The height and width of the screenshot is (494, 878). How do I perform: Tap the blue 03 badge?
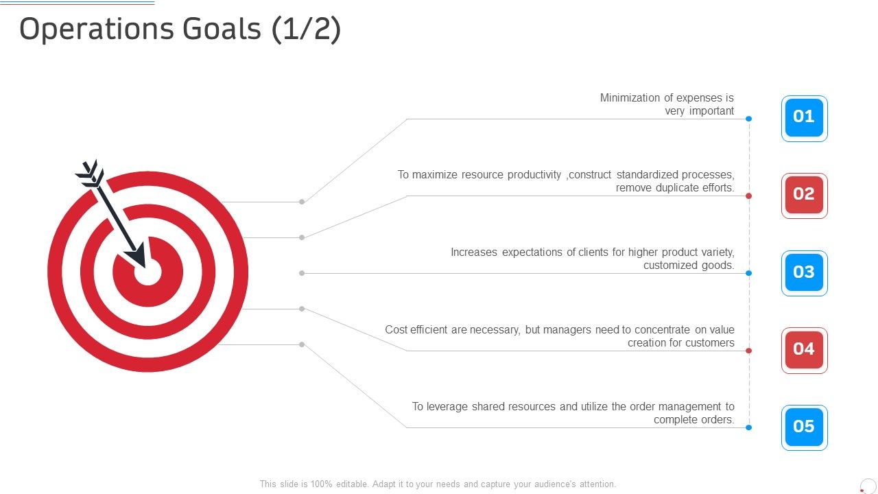pyautogui.click(x=804, y=273)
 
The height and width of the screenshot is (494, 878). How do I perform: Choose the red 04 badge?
pyautogui.click(x=804, y=350)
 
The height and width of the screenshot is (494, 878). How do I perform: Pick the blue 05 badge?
pyautogui.click(x=804, y=427)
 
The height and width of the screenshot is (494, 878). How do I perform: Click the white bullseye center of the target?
pyautogui.click(x=147, y=272)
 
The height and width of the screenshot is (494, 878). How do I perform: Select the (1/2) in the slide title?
pyautogui.click(x=306, y=30)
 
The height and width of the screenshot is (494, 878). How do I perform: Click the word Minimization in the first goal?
pyautogui.click(x=631, y=98)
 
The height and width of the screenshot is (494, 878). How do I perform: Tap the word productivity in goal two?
pyautogui.click(x=534, y=175)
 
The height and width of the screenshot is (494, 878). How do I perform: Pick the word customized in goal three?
pyautogui.click(x=669, y=266)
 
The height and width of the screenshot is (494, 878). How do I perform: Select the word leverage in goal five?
pyautogui.click(x=448, y=407)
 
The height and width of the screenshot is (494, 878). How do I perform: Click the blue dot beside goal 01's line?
pyautogui.click(x=748, y=119)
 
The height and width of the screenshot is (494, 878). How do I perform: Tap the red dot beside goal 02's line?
pyautogui.click(x=748, y=196)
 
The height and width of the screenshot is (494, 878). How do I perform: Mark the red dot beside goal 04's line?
pyautogui.click(x=748, y=351)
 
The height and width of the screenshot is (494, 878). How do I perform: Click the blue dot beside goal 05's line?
pyautogui.click(x=748, y=427)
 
